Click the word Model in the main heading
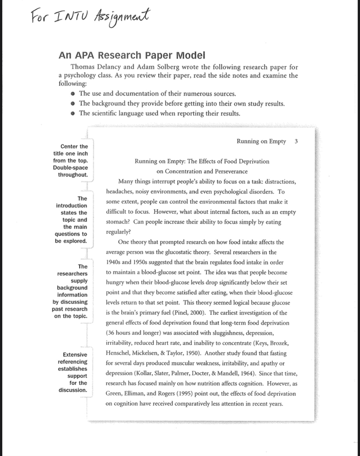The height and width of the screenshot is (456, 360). point(190,55)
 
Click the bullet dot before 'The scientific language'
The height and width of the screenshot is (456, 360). point(73,114)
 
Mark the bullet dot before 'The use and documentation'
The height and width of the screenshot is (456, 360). point(73,94)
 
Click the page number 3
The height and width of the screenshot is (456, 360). point(296,141)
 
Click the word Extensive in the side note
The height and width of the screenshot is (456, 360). point(75,355)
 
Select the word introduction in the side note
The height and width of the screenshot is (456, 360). point(71,206)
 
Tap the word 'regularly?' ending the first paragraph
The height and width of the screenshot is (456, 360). point(118,232)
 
